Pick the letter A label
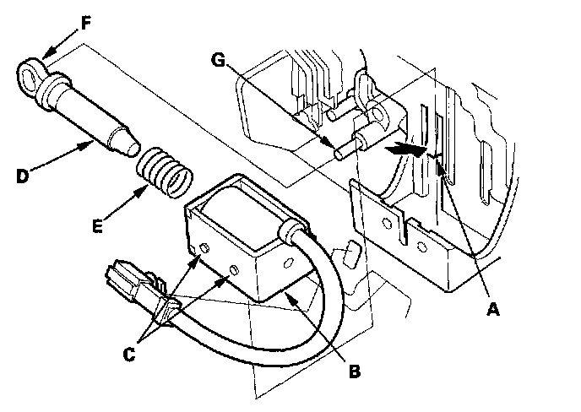click(x=495, y=309)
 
